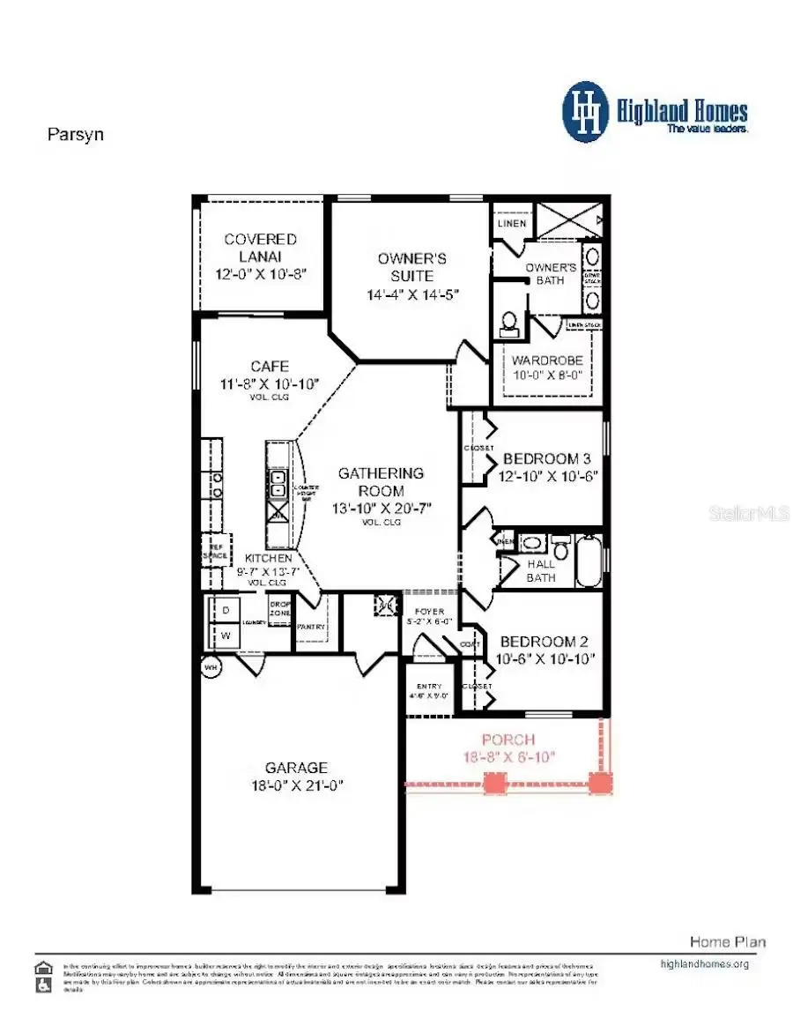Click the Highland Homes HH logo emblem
(585, 112)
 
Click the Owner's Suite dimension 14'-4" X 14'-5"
(412, 294)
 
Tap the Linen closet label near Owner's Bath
(512, 223)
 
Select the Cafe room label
(270, 366)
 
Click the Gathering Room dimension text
(382, 509)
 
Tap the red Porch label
(508, 739)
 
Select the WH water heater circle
(211, 667)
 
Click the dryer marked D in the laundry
(224, 609)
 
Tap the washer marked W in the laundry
(224, 635)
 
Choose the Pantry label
(310, 627)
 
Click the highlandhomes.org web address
(704, 963)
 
